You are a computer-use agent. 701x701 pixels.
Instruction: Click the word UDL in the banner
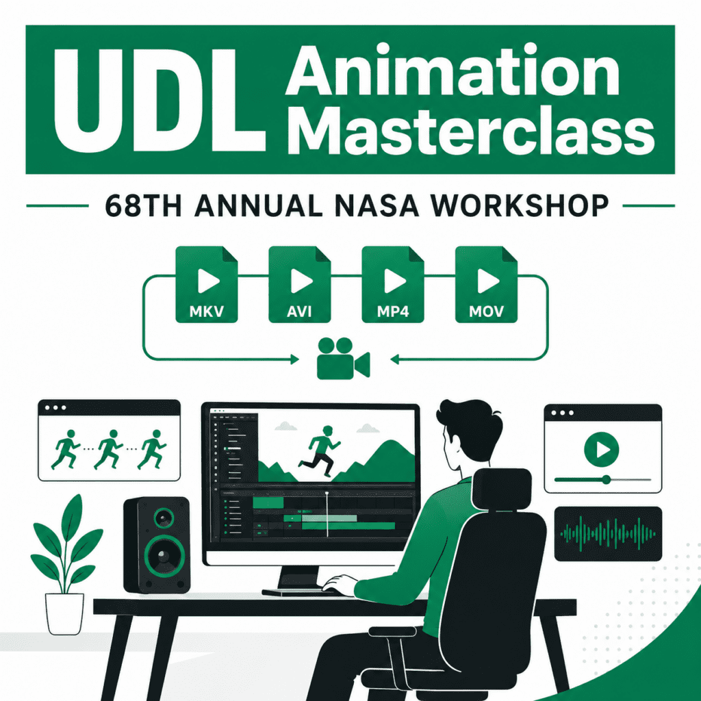[x=159, y=100]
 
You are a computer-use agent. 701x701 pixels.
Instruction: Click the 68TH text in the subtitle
[x=143, y=206]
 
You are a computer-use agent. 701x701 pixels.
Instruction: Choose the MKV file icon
[x=207, y=284]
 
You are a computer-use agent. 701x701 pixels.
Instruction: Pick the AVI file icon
[x=300, y=284]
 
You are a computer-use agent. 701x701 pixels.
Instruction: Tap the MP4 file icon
[x=393, y=284]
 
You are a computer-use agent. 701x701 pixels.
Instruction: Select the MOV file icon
[x=487, y=284]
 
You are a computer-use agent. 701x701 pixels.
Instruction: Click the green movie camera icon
[x=344, y=359]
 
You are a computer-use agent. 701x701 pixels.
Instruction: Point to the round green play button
[x=602, y=449]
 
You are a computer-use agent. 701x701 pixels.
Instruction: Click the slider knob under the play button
[x=607, y=480]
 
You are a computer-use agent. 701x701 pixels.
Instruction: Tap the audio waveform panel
[x=608, y=533]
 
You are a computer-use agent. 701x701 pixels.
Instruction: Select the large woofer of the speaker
[x=164, y=556]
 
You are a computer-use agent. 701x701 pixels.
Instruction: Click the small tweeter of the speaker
[x=164, y=518]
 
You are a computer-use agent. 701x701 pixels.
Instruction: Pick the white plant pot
[x=65, y=613]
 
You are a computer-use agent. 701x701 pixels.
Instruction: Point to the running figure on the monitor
[x=320, y=450]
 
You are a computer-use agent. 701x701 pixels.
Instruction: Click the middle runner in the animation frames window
[x=109, y=449]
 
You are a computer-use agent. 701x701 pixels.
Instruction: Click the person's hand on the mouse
[x=340, y=585]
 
